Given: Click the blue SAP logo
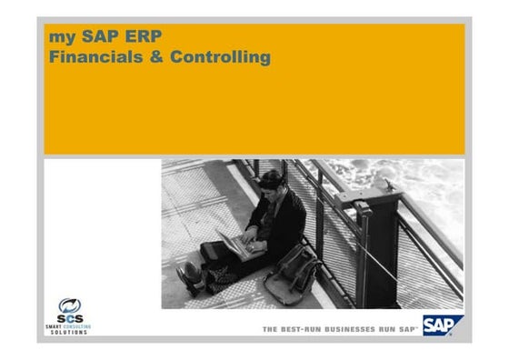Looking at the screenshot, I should [443, 325].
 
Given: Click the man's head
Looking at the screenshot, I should [270, 181].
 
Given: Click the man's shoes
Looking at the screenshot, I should [191, 278].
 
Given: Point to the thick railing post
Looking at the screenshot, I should [380, 245].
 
